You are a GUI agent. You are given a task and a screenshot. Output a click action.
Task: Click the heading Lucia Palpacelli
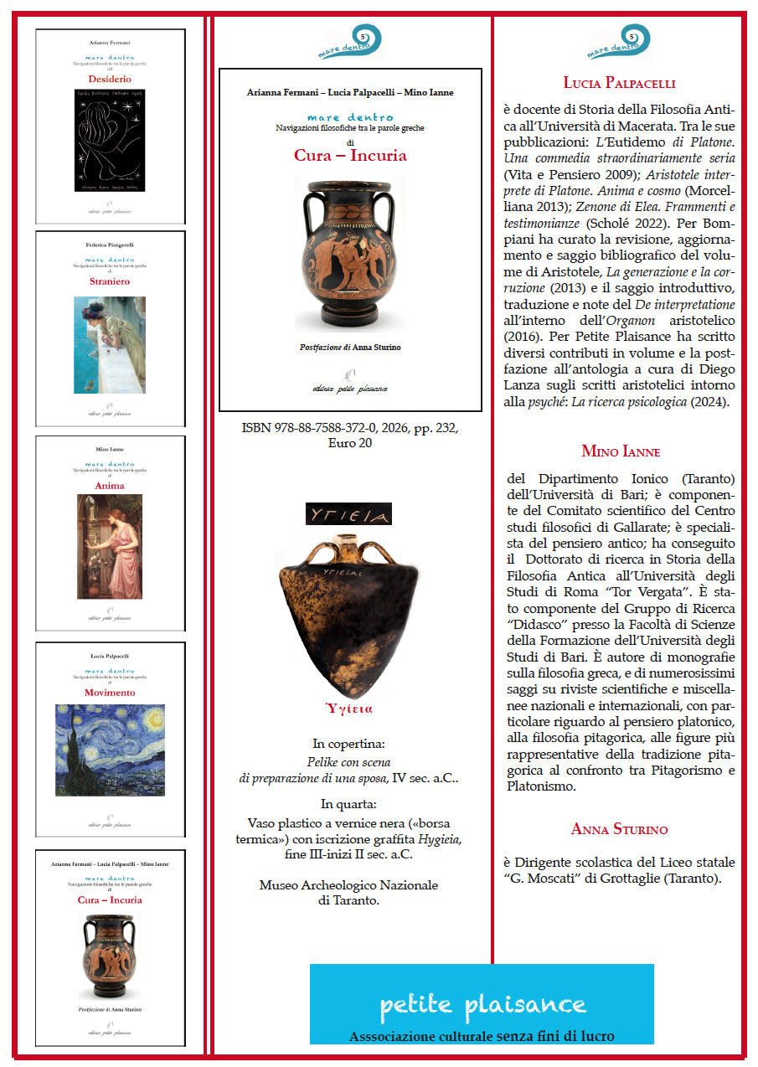[x=619, y=83]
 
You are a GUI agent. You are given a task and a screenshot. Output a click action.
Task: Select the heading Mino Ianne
[x=621, y=451]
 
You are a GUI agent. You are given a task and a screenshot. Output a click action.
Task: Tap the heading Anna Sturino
[x=619, y=829]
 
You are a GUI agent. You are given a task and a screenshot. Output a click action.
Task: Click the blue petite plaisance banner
[x=482, y=1003]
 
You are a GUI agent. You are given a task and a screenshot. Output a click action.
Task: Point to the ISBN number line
[x=350, y=428]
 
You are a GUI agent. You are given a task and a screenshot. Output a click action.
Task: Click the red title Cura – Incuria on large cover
[x=350, y=155]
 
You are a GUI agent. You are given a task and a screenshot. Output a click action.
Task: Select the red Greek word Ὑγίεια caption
[x=349, y=709]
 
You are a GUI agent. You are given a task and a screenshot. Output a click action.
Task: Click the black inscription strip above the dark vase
[x=349, y=513]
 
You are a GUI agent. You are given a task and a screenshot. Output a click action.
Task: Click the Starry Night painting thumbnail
[x=110, y=750]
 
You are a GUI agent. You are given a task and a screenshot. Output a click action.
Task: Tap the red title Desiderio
[x=110, y=79]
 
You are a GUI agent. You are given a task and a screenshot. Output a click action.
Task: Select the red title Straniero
[x=110, y=281]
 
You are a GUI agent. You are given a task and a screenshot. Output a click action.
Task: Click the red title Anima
[x=110, y=486]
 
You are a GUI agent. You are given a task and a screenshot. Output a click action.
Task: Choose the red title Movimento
[x=110, y=693]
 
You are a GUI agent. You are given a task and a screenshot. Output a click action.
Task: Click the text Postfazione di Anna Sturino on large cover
[x=350, y=347]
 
